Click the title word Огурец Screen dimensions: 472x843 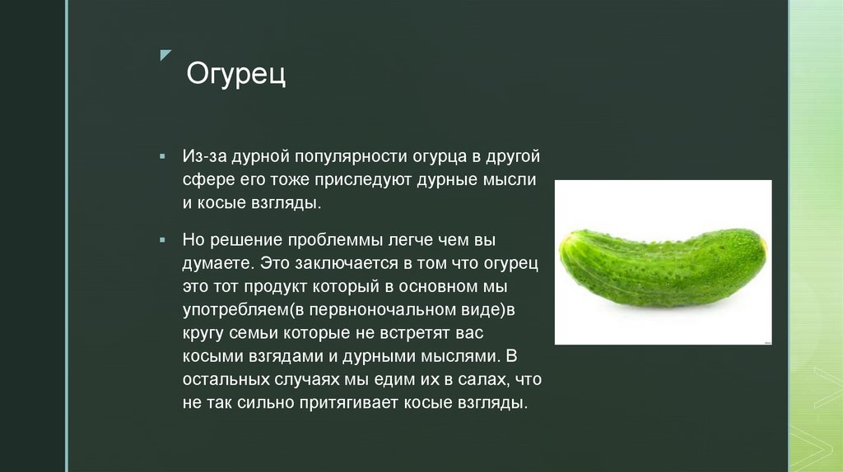pyautogui.click(x=236, y=75)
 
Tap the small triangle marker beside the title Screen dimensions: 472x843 pyautogui.click(x=165, y=55)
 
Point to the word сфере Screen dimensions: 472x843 pyautogui.click(x=204, y=180)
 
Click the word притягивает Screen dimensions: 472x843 pyautogui.click(x=343, y=405)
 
